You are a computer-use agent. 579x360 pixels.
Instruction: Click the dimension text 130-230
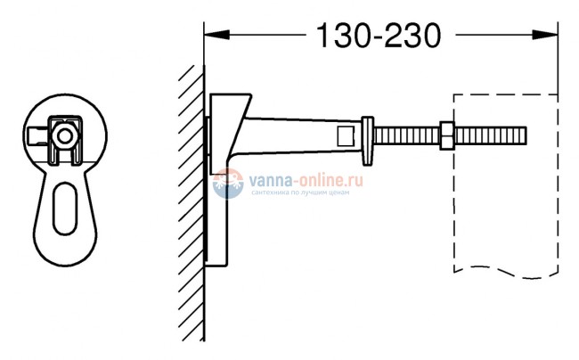click(x=379, y=37)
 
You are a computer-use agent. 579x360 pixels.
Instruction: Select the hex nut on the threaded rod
click(x=444, y=135)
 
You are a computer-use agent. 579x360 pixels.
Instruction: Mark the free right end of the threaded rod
click(x=524, y=135)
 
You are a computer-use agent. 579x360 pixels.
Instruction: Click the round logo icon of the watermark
click(x=227, y=184)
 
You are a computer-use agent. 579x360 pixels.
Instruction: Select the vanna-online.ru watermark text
click(x=299, y=179)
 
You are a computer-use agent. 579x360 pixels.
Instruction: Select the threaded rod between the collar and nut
click(x=405, y=135)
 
